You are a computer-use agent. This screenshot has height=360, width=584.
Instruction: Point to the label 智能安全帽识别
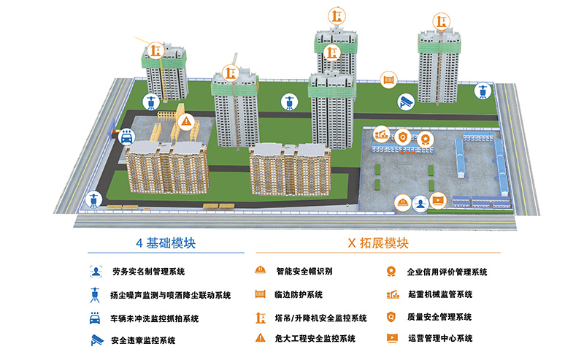tap(304, 272)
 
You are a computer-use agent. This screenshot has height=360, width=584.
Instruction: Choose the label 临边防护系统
tap(299, 295)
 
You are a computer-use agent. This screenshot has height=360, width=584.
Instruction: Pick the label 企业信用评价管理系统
tap(447, 272)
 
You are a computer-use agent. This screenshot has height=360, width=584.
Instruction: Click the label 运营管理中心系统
tap(439, 339)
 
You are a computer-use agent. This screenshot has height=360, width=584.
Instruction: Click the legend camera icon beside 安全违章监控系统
tap(96, 340)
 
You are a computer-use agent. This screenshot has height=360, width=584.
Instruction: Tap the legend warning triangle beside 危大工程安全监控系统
tap(259, 339)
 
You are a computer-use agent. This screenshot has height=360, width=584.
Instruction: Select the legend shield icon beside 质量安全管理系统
tap(392, 317)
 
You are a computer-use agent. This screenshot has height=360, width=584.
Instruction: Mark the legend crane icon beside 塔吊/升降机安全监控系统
tap(259, 318)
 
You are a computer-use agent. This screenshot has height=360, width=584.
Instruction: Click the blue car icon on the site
tap(126, 137)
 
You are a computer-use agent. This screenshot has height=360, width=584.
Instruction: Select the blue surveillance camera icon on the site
tap(405, 102)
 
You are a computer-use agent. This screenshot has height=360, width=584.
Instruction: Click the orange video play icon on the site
tap(437, 201)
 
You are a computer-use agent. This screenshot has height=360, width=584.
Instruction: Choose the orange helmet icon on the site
tap(402, 202)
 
